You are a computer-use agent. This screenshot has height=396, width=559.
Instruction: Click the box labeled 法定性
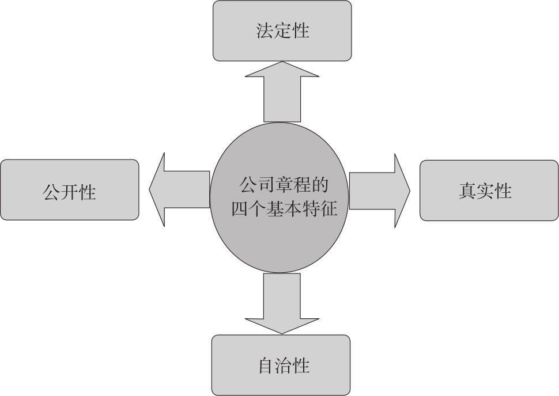tap(282, 31)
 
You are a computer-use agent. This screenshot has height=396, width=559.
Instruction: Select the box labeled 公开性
tap(69, 190)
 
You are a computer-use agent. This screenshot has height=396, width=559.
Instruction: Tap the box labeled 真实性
tap(489, 191)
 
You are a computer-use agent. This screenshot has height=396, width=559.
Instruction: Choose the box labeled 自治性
tap(281, 365)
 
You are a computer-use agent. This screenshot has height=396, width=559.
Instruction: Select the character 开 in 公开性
tap(69, 191)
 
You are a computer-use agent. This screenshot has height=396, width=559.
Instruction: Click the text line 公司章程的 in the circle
tap(283, 186)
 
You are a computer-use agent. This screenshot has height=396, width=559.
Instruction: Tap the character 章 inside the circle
tap(283, 186)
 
